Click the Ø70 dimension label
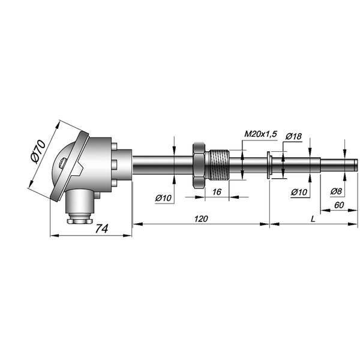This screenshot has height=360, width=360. coord(38,152)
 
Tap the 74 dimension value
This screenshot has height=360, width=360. coord(101,229)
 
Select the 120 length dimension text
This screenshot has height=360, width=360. coord(201,219)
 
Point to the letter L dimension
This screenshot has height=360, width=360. coord(313,219)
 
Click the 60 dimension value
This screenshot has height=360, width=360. coord(339,205)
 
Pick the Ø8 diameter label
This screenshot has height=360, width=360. coord(336,191)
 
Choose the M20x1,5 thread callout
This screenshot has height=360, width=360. coord(261,134)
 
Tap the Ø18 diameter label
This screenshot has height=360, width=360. coord(293,136)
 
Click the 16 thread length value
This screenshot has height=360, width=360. coord(217,192)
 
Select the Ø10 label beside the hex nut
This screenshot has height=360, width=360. coord(163,198)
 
